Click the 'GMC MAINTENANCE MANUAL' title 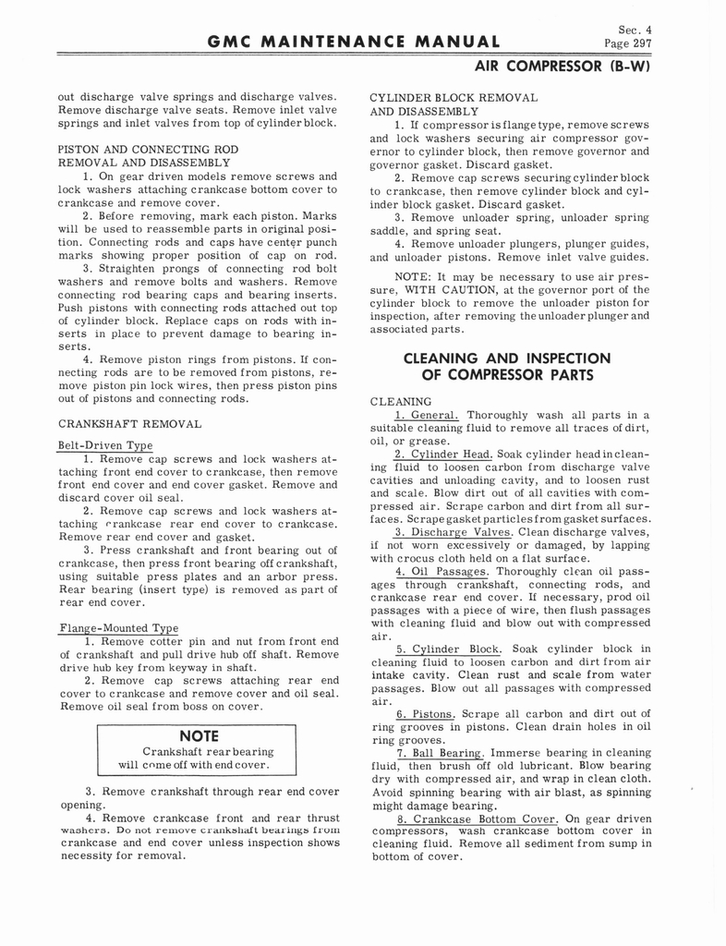pyautogui.click(x=355, y=42)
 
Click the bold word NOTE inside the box pyautogui.click(x=198, y=736)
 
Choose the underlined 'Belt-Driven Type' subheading pyautogui.click(x=105, y=445)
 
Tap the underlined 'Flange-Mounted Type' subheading pyautogui.click(x=117, y=628)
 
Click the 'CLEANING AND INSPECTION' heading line pyautogui.click(x=507, y=358)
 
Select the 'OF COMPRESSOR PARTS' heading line pyautogui.click(x=507, y=375)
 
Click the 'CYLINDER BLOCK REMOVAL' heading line pyautogui.click(x=453, y=98)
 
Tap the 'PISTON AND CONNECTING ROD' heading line pyautogui.click(x=148, y=149)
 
